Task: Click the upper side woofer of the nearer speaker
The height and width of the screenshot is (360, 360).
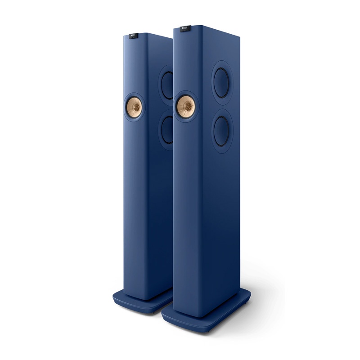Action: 222,82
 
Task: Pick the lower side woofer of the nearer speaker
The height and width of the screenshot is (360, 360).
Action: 222,131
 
